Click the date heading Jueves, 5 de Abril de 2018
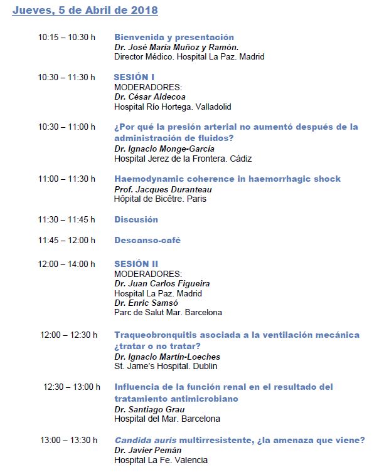[85, 11]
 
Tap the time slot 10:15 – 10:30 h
[67, 38]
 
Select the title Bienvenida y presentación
[174, 37]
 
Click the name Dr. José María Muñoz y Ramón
[176, 47]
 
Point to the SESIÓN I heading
[134, 77]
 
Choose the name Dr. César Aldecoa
[151, 97]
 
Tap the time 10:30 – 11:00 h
[67, 127]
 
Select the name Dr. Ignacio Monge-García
[164, 149]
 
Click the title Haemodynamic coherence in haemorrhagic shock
[227, 179]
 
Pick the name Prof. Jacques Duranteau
[163, 189]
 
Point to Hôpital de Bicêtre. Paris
[160, 199]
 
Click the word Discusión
[136, 219]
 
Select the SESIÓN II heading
[136, 264]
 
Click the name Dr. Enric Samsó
[146, 303]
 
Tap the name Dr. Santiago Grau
[149, 409]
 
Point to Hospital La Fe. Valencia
[161, 460]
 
